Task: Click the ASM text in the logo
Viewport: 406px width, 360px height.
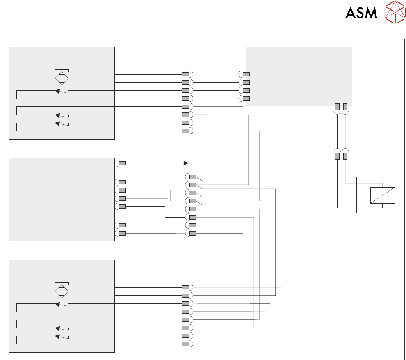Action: pyautogui.click(x=361, y=13)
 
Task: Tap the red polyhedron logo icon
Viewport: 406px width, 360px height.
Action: pyautogui.click(x=395, y=12)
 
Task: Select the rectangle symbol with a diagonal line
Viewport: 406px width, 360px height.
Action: pyautogui.click(x=382, y=195)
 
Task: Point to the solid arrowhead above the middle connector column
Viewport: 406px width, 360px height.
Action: pyautogui.click(x=185, y=163)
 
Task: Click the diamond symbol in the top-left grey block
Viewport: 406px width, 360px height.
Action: pyautogui.click(x=62, y=78)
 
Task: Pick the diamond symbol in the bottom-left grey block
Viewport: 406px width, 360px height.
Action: pyautogui.click(x=62, y=291)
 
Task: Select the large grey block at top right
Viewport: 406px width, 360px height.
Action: pyautogui.click(x=299, y=76)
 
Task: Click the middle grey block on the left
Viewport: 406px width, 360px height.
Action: pyautogui.click(x=62, y=199)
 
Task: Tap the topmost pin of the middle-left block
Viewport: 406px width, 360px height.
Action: pyautogui.click(x=122, y=163)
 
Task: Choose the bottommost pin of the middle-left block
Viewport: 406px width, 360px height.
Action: pyautogui.click(x=122, y=233)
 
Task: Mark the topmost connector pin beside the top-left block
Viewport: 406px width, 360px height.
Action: pyautogui.click(x=185, y=74)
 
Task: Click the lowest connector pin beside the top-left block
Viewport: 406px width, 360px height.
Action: pyautogui.click(x=185, y=131)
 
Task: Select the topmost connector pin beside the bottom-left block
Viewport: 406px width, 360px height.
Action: pyautogui.click(x=185, y=287)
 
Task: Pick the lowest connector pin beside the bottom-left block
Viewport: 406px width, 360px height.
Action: pyautogui.click(x=185, y=344)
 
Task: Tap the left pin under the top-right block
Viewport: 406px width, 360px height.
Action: pyautogui.click(x=337, y=107)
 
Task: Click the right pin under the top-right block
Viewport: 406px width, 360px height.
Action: pyautogui.click(x=345, y=107)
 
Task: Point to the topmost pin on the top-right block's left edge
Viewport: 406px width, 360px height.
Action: pyautogui.click(x=246, y=74)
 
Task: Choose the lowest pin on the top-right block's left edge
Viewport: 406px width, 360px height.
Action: pyautogui.click(x=246, y=99)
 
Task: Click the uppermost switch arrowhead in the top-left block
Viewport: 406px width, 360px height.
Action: pyautogui.click(x=58, y=91)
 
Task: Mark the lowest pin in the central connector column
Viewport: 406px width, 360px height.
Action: pyautogui.click(x=193, y=233)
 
